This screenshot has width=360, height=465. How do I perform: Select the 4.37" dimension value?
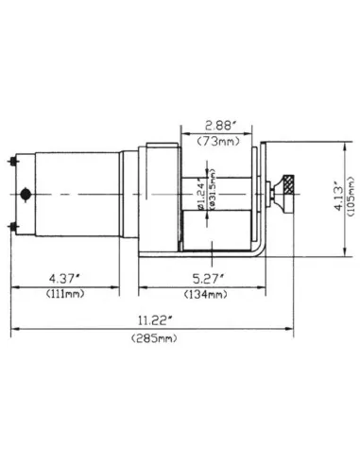pos(65,278)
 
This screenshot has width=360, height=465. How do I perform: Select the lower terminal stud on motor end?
pos(12,225)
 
